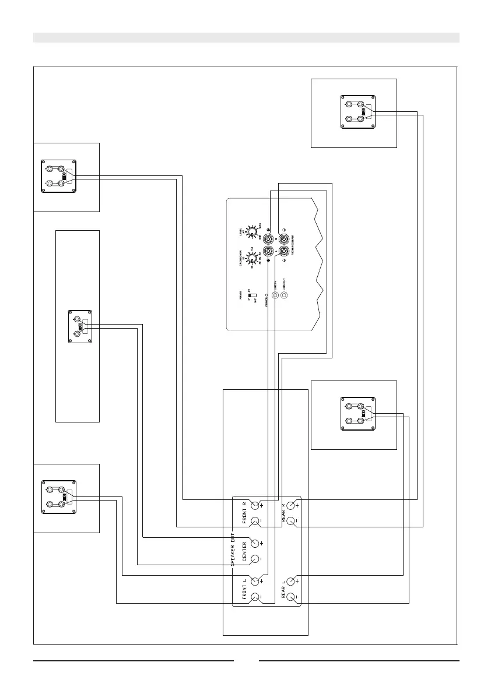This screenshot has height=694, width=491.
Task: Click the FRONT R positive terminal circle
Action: click(x=255, y=505)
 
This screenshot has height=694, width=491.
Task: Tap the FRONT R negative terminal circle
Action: click(x=255, y=520)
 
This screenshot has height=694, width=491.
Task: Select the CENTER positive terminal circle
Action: click(x=255, y=543)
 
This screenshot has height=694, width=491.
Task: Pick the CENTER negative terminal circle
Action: click(x=255, y=559)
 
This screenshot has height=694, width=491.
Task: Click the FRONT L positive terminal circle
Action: click(x=255, y=581)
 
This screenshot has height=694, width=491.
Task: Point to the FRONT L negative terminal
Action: click(x=255, y=597)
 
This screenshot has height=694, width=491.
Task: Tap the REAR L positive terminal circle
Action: click(x=290, y=581)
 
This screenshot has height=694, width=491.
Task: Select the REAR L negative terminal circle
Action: click(x=290, y=597)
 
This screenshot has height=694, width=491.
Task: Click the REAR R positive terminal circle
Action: click(x=290, y=505)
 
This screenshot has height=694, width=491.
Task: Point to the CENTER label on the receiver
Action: click(x=244, y=551)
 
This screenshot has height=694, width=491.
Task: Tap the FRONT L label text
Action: click(x=244, y=589)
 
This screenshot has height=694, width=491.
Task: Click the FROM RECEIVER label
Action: click(x=292, y=245)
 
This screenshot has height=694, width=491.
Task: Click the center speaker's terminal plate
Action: click(x=80, y=326)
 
